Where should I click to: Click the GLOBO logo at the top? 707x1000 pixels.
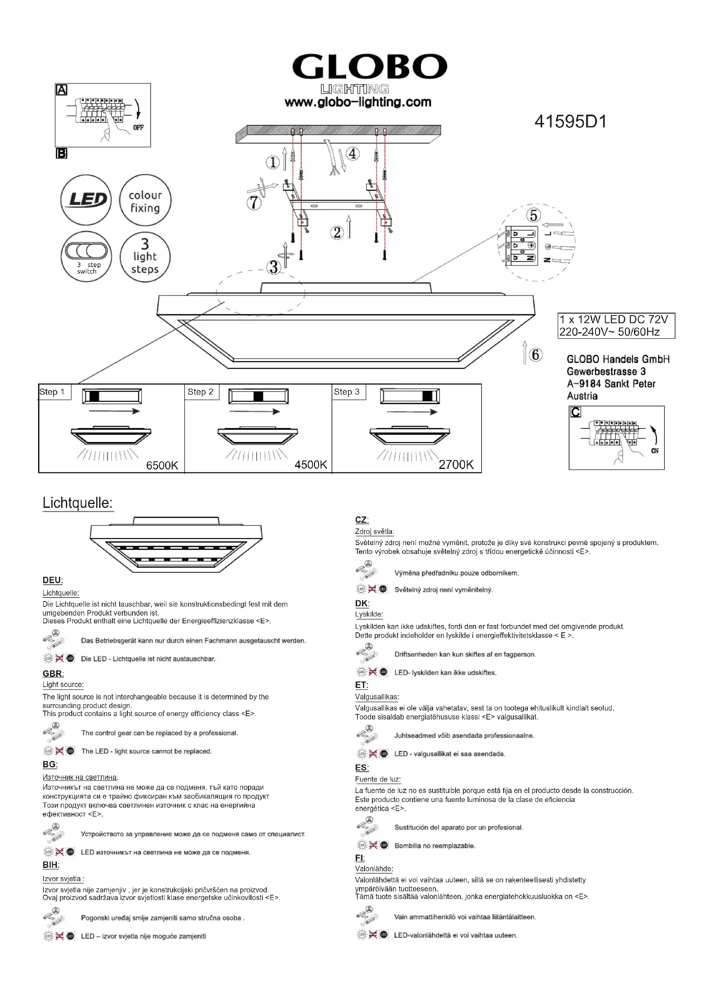(370, 67)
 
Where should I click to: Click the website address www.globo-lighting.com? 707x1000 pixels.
(358, 102)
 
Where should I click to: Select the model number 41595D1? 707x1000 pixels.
(570, 121)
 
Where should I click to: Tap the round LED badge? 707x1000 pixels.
(86, 200)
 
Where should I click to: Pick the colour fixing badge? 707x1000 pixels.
(145, 201)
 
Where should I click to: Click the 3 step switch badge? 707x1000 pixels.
(86, 257)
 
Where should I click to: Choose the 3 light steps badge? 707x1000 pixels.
(145, 257)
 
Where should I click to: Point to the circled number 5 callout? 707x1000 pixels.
(534, 215)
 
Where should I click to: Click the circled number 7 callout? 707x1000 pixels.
(254, 203)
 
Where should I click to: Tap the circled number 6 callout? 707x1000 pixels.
(536, 355)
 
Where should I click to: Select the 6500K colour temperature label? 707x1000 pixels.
(162, 466)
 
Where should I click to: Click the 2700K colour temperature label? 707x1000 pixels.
(456, 465)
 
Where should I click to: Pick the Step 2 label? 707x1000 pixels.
(201, 392)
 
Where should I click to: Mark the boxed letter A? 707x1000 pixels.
(62, 90)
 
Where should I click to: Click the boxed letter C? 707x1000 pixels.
(575, 412)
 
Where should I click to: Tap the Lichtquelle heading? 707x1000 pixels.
(77, 503)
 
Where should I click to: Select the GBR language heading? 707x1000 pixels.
(53, 674)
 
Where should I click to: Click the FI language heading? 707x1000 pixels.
(359, 858)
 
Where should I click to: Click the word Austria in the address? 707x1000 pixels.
(582, 396)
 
